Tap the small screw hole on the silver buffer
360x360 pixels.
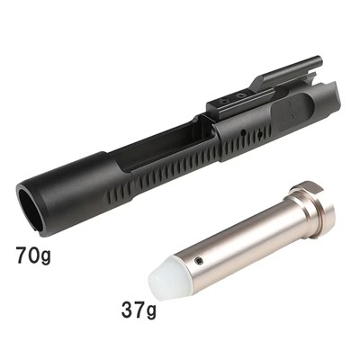pyautogui.click(x=198, y=260)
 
